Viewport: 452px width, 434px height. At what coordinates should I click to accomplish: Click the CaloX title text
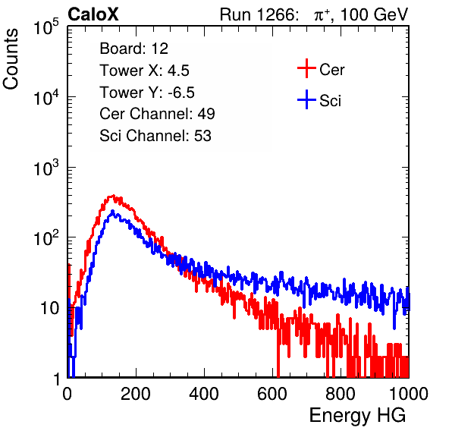coord(93,14)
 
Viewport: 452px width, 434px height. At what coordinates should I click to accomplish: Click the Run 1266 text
coord(259,14)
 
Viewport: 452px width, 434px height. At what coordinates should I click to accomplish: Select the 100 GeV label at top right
coord(374,14)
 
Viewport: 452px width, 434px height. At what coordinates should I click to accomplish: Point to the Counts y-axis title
coord(11,59)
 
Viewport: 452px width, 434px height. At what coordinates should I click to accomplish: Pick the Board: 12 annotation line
coord(133,49)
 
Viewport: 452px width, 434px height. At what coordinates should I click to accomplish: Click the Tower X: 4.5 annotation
coord(144,71)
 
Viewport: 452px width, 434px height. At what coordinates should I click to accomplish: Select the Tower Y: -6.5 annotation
coord(147,93)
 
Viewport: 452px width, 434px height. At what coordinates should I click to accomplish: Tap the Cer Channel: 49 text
coord(157,114)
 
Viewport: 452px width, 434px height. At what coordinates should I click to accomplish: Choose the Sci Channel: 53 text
coord(155,136)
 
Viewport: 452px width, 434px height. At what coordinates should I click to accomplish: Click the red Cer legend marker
coord(306,68)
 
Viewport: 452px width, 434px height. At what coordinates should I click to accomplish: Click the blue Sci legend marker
coord(306,99)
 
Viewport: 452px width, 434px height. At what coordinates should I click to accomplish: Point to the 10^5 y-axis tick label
coord(46,27)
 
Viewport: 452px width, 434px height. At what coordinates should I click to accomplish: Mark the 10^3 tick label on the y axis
coord(46,168)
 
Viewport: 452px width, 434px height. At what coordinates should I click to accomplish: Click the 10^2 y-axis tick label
coord(46,238)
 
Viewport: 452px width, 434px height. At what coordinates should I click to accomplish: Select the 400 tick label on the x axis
coord(204,394)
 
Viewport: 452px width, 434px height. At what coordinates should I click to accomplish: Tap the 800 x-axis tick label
coord(341,394)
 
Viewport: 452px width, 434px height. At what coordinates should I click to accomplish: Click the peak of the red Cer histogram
coord(113,196)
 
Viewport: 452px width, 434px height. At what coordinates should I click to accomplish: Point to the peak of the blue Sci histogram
coord(113,211)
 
